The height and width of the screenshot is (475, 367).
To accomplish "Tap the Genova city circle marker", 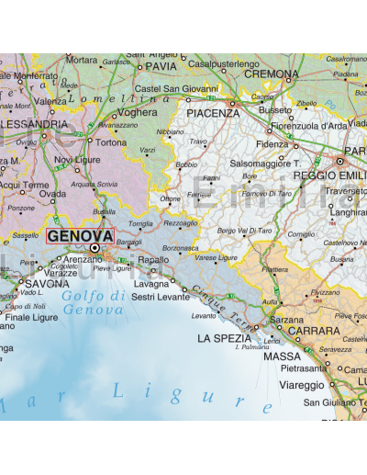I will click(94, 248).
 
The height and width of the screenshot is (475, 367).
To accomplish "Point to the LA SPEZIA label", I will click(223, 338).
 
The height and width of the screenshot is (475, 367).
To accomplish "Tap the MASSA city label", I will click(282, 356).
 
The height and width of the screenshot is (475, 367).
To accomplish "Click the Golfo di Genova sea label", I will click(95, 301).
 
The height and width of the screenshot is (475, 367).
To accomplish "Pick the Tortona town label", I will click(111, 143).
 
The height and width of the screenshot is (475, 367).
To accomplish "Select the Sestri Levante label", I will click(162, 297).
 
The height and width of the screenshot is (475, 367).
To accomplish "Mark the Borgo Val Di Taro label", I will click(245, 230).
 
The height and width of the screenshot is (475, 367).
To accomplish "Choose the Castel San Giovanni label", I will click(172, 88).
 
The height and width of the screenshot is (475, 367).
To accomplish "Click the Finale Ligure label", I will click(32, 318).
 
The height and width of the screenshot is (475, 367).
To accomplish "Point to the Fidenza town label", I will click(272, 144).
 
